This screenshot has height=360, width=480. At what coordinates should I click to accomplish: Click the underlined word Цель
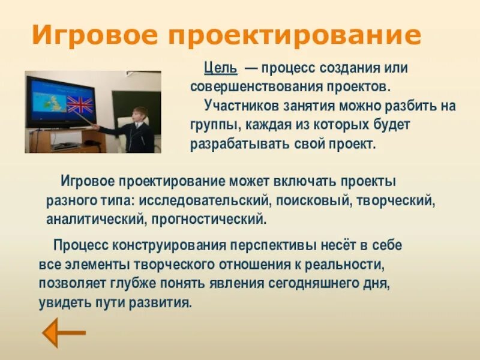coord(220,68)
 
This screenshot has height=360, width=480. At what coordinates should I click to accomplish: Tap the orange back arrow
coord(64,333)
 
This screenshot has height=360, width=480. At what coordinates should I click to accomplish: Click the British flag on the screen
coord(80,104)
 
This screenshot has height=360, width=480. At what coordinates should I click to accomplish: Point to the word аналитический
coord(95,220)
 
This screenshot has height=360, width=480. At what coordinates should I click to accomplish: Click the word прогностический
coord(209,220)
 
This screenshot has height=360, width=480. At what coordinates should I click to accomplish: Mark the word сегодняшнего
coord(313,284)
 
